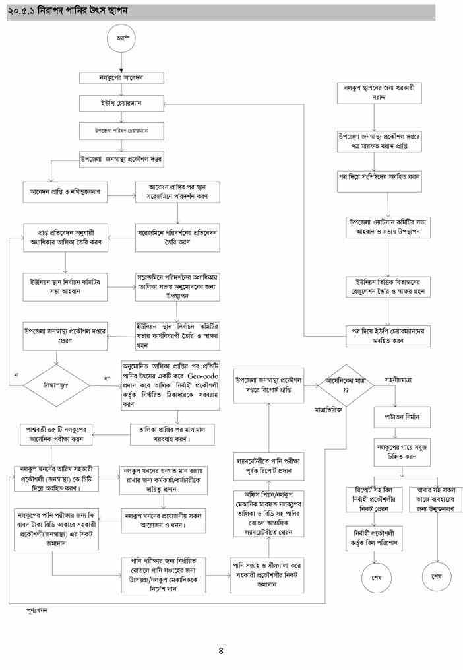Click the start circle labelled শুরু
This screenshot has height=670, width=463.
(121, 39)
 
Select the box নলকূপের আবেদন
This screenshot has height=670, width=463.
(121, 78)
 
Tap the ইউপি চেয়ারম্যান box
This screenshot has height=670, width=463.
(121, 104)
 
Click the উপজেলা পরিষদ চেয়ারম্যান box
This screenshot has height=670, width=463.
(121, 131)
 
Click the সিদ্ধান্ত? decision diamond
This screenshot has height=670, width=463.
(56, 383)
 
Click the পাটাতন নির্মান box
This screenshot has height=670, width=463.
(402, 417)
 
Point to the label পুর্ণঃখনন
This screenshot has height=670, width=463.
(37, 610)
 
